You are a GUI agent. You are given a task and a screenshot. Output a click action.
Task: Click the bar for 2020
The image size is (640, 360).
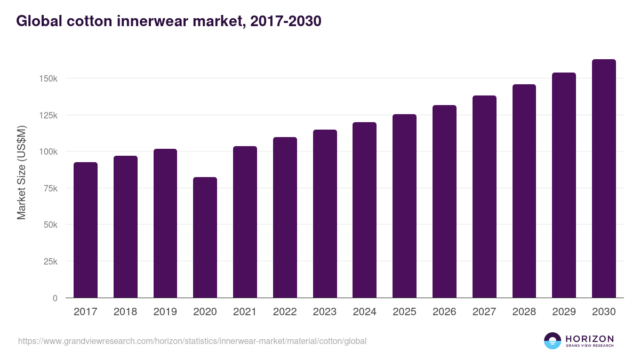coord(205,237)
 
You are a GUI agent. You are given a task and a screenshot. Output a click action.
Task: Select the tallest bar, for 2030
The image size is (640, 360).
coord(604,179)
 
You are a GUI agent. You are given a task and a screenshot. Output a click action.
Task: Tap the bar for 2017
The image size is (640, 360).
coord(85,230)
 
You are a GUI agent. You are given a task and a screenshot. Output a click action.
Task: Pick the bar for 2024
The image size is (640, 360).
coord(364,210)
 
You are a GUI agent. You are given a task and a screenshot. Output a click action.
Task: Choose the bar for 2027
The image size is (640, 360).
coord(484,197)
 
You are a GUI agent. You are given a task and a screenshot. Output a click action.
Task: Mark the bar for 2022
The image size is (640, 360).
coord(285,218)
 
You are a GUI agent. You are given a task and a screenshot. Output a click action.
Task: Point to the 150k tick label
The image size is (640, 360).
coord(48,78)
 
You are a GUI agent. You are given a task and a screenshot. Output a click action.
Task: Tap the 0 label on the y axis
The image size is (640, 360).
coord(54,298)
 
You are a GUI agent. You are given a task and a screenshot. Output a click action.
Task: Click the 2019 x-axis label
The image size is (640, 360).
coord(165,312)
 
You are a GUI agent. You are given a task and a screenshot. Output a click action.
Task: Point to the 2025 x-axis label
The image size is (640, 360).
coord(404,312)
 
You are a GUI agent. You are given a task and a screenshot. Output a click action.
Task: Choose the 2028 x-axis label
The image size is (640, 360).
coord(524,312)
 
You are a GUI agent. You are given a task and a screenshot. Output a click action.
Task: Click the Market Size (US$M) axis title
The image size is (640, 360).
coord(21,172)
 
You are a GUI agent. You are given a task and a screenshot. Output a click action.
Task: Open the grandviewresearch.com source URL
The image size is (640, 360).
coord(192,341)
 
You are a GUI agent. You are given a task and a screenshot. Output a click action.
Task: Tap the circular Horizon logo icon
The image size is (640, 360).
coord(553,341)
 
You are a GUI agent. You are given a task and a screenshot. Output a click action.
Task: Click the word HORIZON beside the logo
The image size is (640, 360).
coord(589,338)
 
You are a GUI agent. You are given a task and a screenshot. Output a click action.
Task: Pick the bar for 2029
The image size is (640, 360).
coord(564,185)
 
